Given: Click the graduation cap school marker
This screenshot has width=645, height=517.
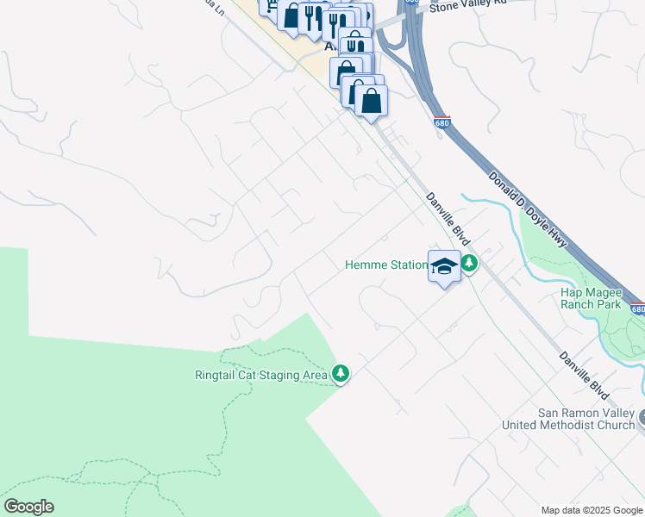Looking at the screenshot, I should click(x=444, y=266).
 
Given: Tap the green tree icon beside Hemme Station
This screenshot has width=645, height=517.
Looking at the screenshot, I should click(x=468, y=263).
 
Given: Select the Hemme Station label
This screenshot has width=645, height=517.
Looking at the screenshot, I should click(x=385, y=265).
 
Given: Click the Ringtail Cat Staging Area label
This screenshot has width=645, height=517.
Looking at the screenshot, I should click(x=260, y=375).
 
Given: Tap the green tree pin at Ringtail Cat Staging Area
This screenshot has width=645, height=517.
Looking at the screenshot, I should click(x=341, y=373).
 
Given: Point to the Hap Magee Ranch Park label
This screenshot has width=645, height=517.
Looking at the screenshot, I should click(x=591, y=298).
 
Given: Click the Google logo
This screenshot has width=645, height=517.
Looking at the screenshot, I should click(x=28, y=507).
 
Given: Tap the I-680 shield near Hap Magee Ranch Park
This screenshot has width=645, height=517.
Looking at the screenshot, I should click(x=636, y=308).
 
